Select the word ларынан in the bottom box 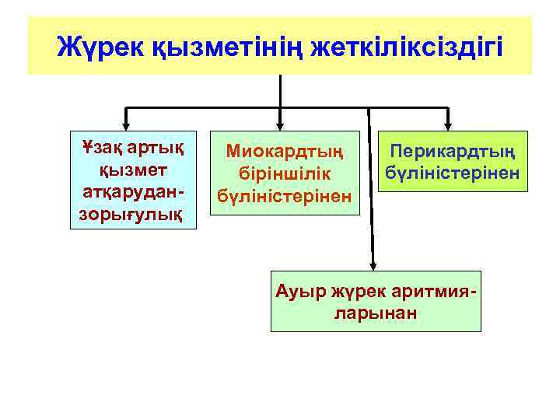(376, 313)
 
